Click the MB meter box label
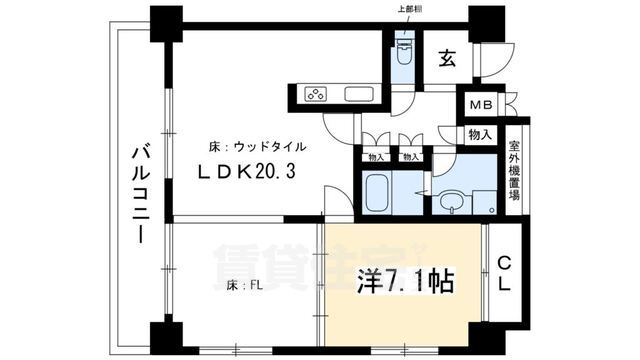[477, 103]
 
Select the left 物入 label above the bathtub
[376, 157]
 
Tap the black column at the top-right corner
[488, 20]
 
